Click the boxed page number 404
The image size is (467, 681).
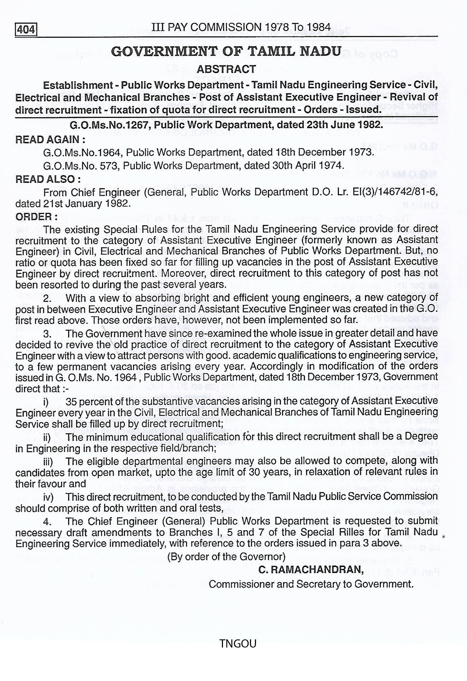coord(26,30)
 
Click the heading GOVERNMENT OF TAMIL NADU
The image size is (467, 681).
coord(226,51)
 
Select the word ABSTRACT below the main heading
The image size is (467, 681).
coord(226,69)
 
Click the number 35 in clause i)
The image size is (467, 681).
coord(72,401)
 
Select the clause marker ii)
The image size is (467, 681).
coord(47,437)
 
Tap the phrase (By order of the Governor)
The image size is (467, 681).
coord(226,556)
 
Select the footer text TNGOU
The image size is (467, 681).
coord(238,644)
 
